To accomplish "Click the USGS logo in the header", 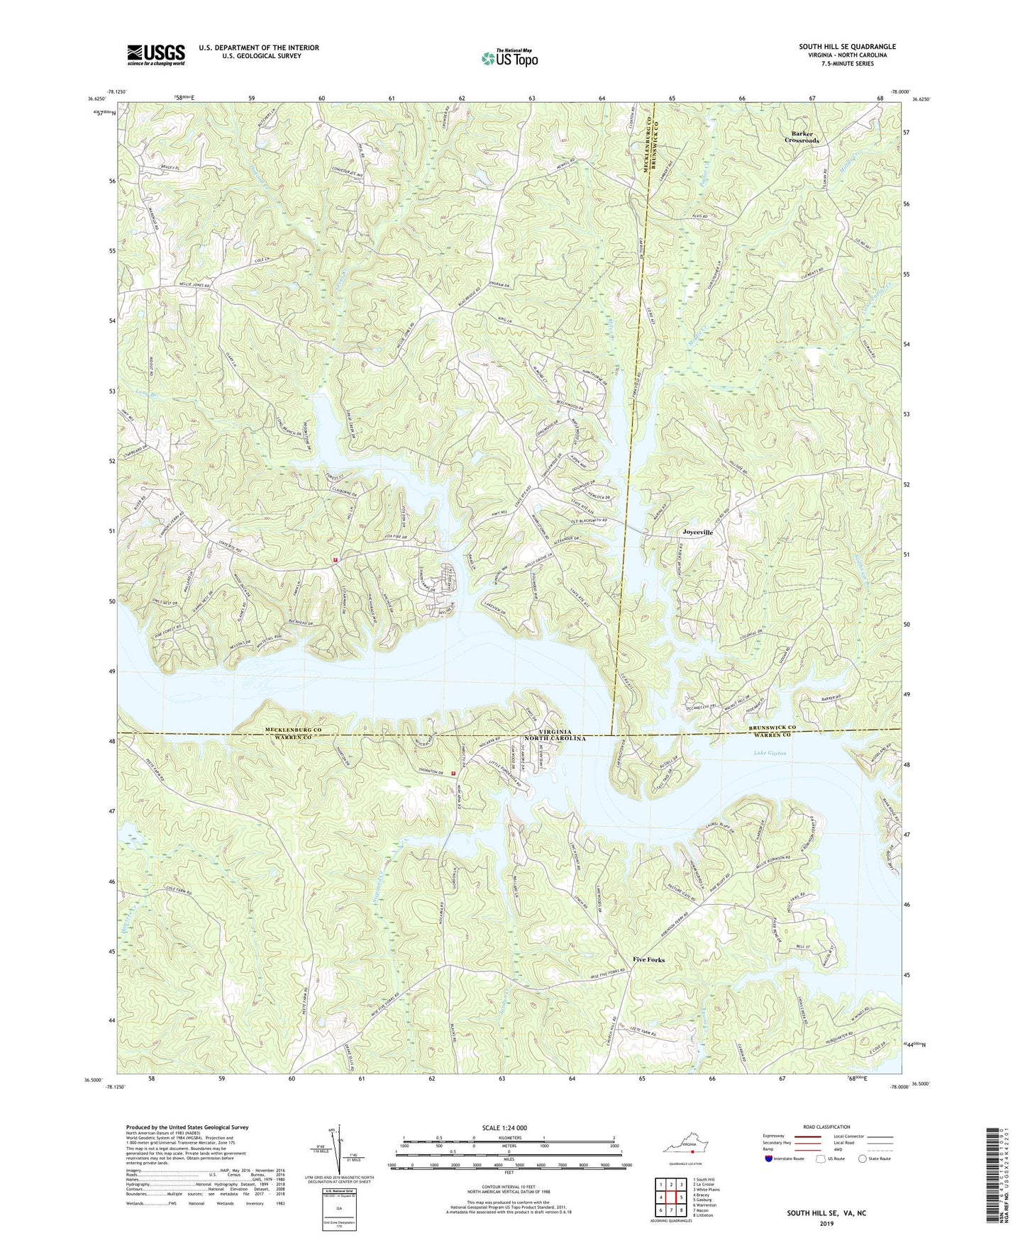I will [156, 54].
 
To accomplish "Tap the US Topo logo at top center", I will [509, 58].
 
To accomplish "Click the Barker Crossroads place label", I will [802, 137].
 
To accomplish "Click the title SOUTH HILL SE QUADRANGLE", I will [847, 47].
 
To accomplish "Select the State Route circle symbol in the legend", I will [863, 1159].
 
